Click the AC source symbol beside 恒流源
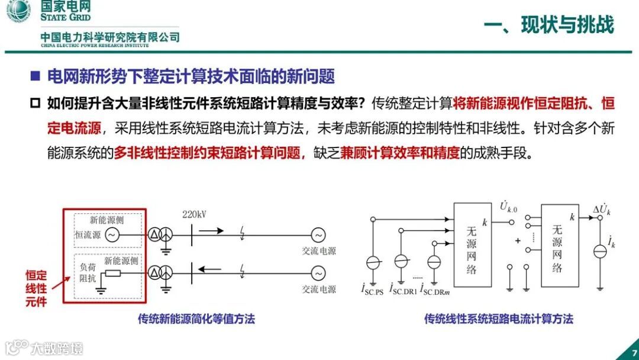pos(112,235)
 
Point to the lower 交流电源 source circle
pos(318,273)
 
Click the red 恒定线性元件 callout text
pos(36,288)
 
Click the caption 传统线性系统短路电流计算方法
pos(498,319)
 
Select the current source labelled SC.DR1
pos(401,261)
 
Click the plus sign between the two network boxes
pos(518,241)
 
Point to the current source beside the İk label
pos(599,250)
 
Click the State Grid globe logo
pos(18,12)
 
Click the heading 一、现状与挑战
pos(549,25)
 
